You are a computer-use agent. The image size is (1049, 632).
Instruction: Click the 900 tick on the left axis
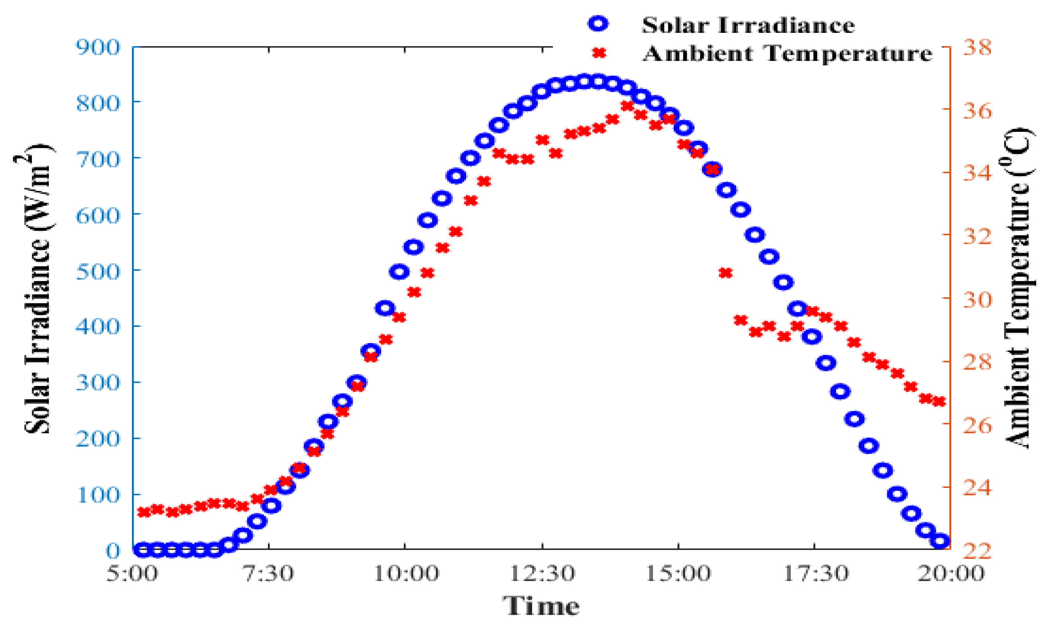pos(98,47)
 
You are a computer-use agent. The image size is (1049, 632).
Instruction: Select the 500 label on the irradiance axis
pos(98,271)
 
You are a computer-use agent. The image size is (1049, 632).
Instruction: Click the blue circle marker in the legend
pos(598,24)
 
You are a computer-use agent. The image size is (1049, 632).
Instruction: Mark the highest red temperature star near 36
pos(627,106)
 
